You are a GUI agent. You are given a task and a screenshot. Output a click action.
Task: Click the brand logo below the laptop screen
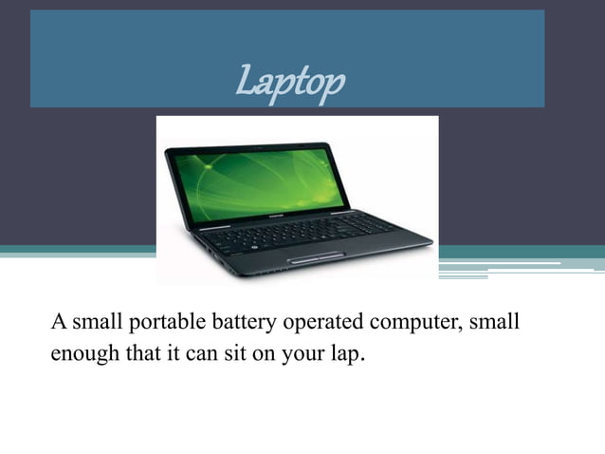[x=273, y=218]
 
